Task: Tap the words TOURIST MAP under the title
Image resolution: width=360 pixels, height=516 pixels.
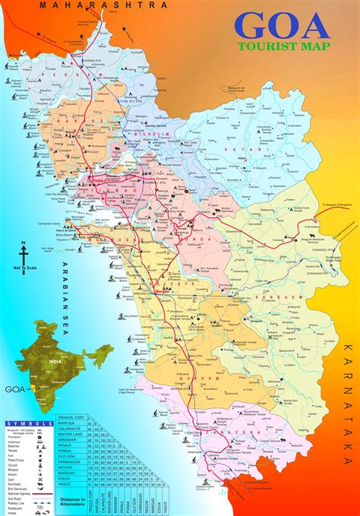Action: (284, 46)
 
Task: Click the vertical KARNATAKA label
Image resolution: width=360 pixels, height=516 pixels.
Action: (348, 396)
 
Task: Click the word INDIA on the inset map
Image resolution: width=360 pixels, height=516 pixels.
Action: (55, 362)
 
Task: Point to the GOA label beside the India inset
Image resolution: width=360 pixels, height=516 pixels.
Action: (14, 388)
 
